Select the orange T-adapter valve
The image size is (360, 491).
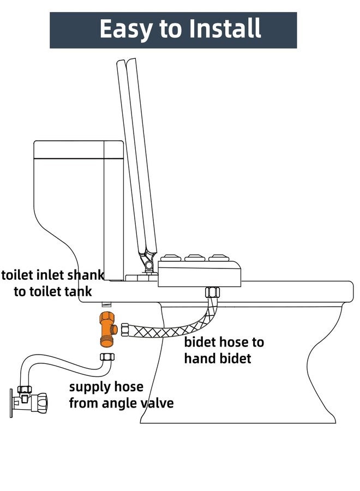click(x=106, y=330)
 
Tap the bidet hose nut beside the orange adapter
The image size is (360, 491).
click(x=125, y=330)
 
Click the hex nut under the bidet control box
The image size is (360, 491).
click(x=212, y=292)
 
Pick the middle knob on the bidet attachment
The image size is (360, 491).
click(x=194, y=258)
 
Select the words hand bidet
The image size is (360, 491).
click(x=218, y=358)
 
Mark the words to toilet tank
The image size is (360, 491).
click(x=52, y=291)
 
